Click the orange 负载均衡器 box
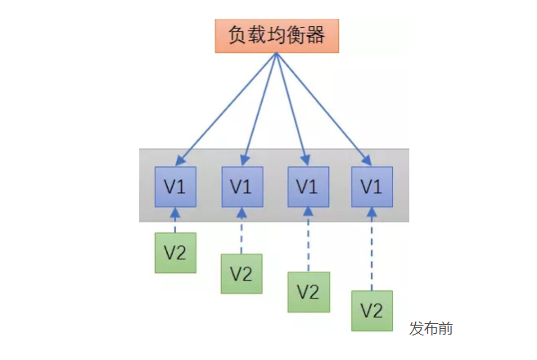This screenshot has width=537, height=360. click(x=277, y=34)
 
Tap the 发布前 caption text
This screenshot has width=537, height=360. click(x=431, y=329)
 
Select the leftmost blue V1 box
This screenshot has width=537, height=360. click(x=175, y=187)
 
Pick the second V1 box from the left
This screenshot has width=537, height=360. click(x=241, y=187)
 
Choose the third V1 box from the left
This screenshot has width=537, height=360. click(x=307, y=187)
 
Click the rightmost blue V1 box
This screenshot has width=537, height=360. click(x=372, y=187)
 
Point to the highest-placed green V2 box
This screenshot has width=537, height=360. click(x=175, y=252)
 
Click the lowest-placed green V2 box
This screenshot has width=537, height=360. click(x=372, y=311)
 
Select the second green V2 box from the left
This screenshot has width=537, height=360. click(x=241, y=273)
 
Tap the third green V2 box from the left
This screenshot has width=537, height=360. click(x=307, y=291)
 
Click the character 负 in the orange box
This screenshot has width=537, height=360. click(x=236, y=34)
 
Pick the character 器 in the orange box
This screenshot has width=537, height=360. click(x=318, y=34)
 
